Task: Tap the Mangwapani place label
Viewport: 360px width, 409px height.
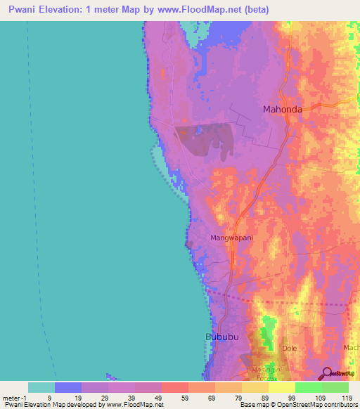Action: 231,238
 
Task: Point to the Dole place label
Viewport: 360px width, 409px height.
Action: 289,348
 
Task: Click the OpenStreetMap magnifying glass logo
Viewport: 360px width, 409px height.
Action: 327,373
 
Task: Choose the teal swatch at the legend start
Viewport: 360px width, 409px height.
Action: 41,387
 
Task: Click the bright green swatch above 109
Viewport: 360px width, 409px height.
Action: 308,387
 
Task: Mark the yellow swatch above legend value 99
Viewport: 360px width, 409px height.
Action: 281,387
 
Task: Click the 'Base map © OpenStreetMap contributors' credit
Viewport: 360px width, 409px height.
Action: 298,405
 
